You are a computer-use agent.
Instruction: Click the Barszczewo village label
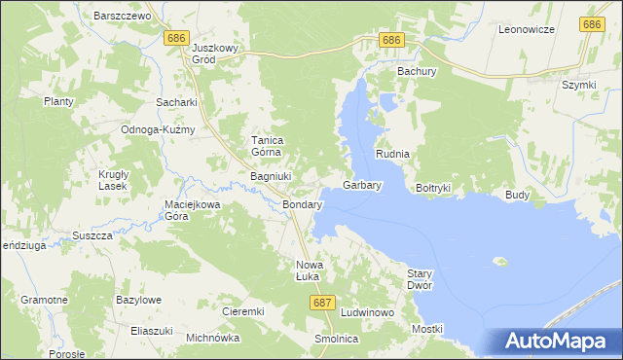122,16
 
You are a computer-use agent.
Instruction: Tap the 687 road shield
324,303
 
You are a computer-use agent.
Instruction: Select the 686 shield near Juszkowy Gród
176,37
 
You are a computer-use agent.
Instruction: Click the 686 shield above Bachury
390,39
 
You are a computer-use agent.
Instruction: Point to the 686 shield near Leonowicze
591,23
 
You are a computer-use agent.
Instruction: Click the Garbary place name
361,184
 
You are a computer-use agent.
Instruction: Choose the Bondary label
302,206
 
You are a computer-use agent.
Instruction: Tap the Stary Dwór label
419,279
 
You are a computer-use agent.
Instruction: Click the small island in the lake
500,261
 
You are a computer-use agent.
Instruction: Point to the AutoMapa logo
558,342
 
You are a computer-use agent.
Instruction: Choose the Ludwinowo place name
367,312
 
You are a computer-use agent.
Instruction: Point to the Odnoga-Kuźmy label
158,129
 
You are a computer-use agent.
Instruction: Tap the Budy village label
517,195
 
